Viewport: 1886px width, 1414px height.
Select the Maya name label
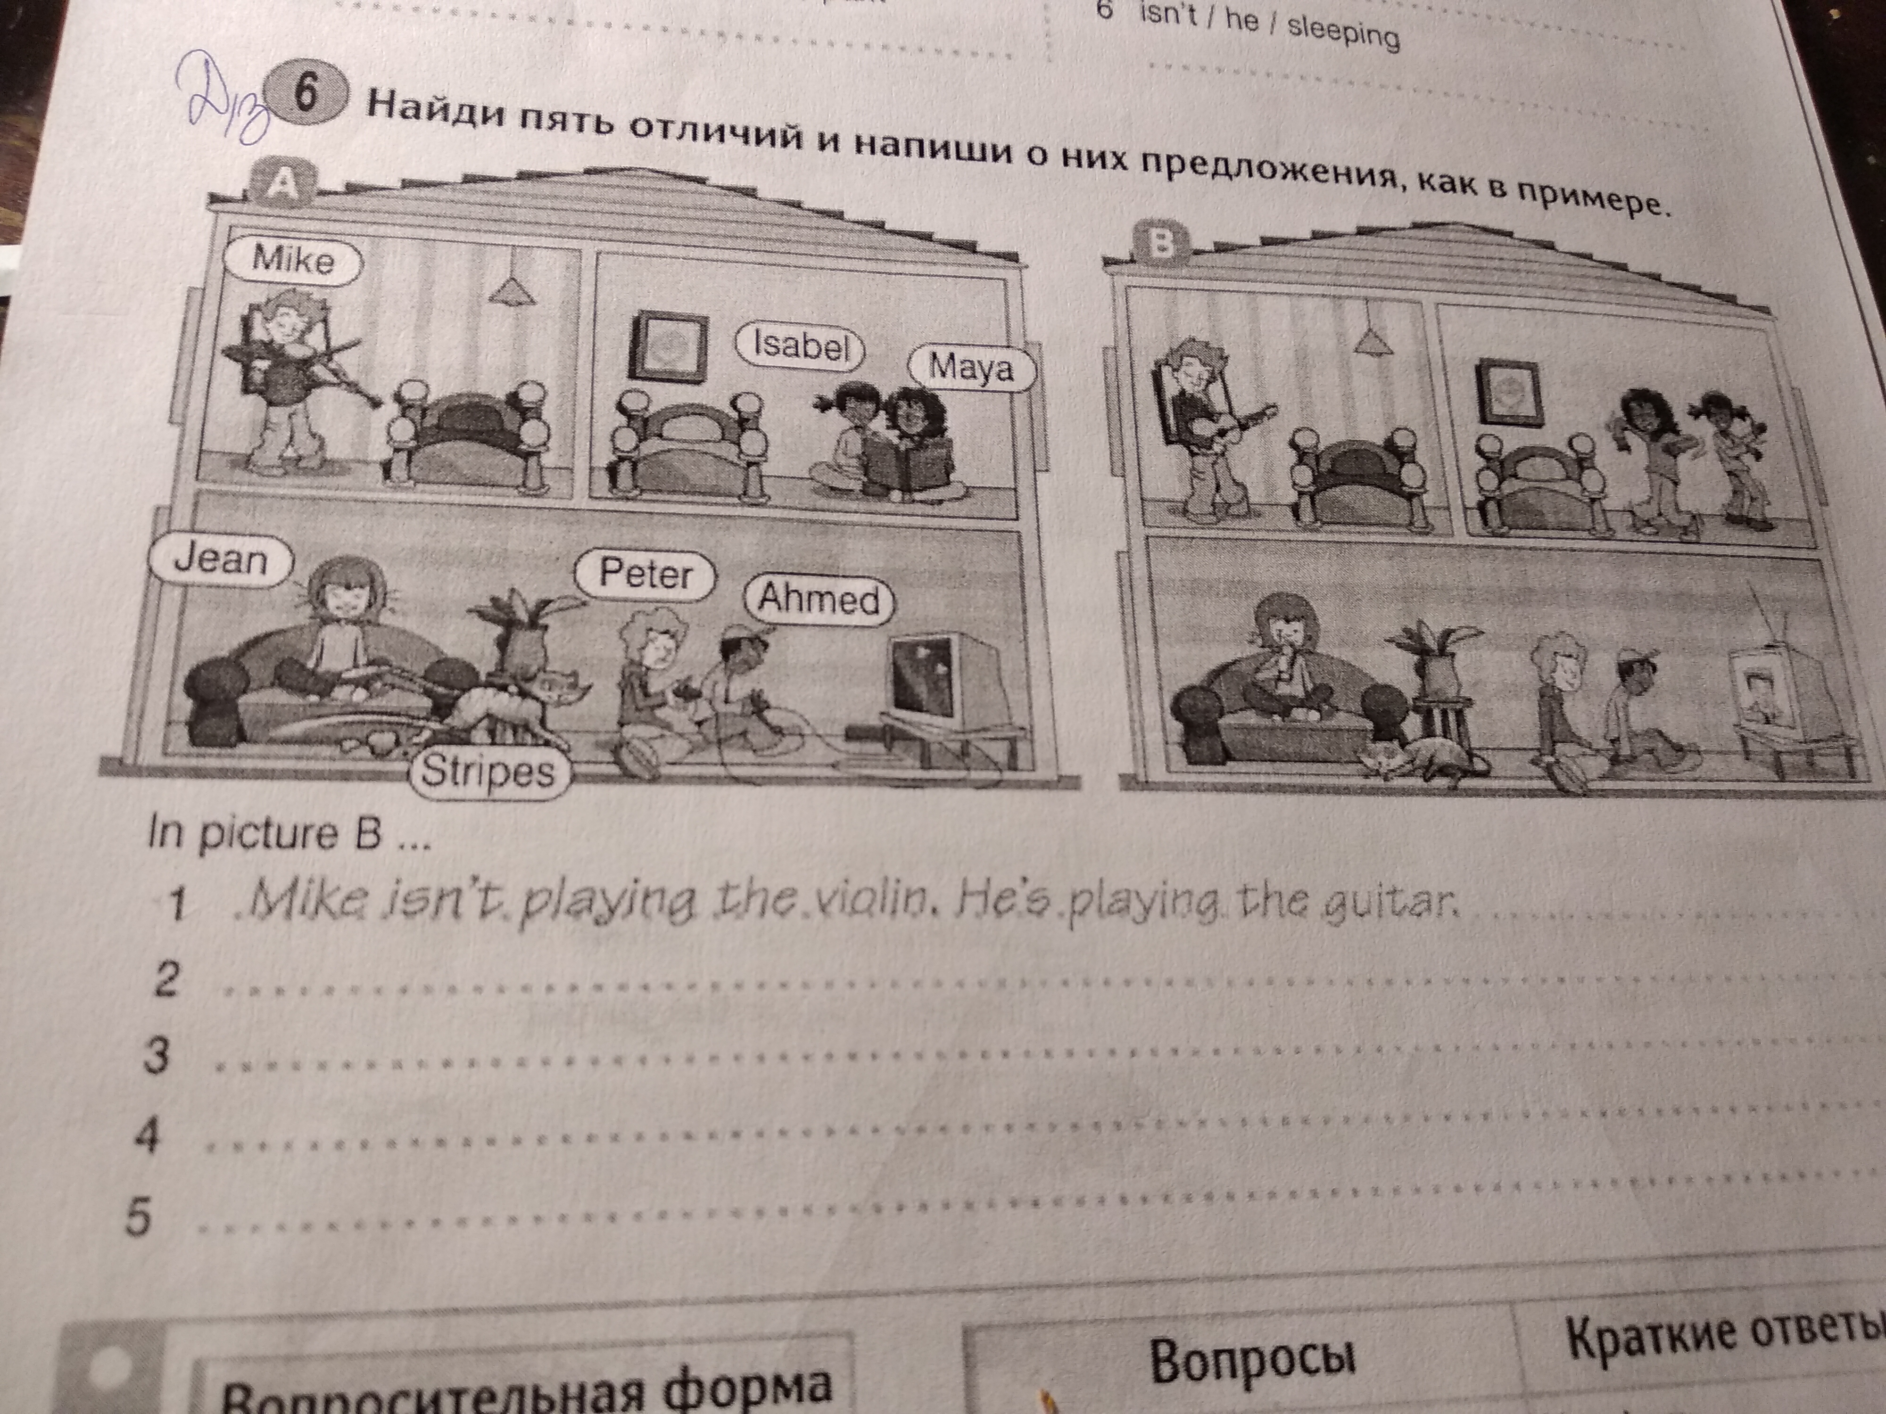click(x=972, y=367)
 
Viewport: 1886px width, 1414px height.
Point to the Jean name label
click(x=221, y=560)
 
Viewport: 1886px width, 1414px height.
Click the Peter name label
click(x=645, y=575)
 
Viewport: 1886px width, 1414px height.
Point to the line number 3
click(x=155, y=1056)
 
